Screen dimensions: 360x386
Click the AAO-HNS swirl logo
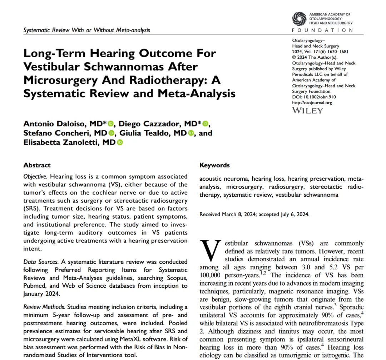tap(300, 19)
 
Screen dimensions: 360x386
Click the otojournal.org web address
tap(312, 103)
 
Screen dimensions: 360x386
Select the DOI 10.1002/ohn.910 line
tap(314, 97)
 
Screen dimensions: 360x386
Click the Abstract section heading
tap(37, 165)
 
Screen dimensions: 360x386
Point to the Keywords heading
tap(214, 165)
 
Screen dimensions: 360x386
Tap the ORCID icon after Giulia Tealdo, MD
tap(190, 133)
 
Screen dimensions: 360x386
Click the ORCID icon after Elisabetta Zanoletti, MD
tap(120, 142)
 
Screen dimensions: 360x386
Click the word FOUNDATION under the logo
tap(322, 30)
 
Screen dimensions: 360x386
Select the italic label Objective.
tap(35, 176)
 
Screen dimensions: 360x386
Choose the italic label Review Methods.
tap(44, 307)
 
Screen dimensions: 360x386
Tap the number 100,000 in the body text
tap(211, 275)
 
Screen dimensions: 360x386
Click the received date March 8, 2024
tap(238, 215)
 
